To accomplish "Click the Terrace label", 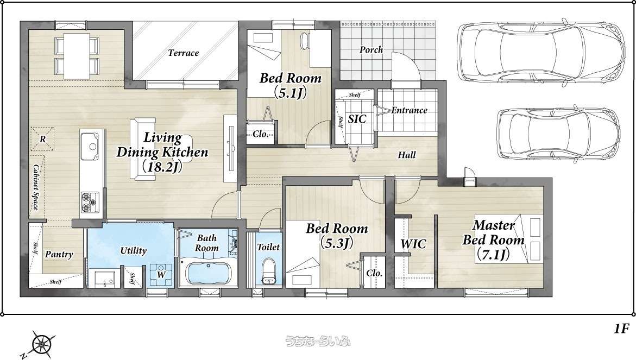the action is [x=184, y=53].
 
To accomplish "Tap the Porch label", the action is [x=371, y=50].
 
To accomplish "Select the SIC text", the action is [x=357, y=119].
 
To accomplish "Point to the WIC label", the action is [x=413, y=244].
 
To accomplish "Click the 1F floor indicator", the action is [x=621, y=329].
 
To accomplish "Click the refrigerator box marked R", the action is [x=42, y=139].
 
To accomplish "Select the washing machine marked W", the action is [x=161, y=274].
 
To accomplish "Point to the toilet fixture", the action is [x=268, y=271].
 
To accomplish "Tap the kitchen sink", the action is [x=89, y=147].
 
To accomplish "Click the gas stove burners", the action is [x=90, y=203].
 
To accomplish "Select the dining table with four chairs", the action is [x=77, y=55].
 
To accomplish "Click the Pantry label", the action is [x=59, y=255].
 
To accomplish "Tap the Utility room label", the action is [x=134, y=250].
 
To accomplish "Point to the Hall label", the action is [x=406, y=155].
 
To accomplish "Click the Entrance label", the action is [x=410, y=110].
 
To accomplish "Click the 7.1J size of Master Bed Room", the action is [x=493, y=255].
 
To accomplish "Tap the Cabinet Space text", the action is [x=36, y=187].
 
